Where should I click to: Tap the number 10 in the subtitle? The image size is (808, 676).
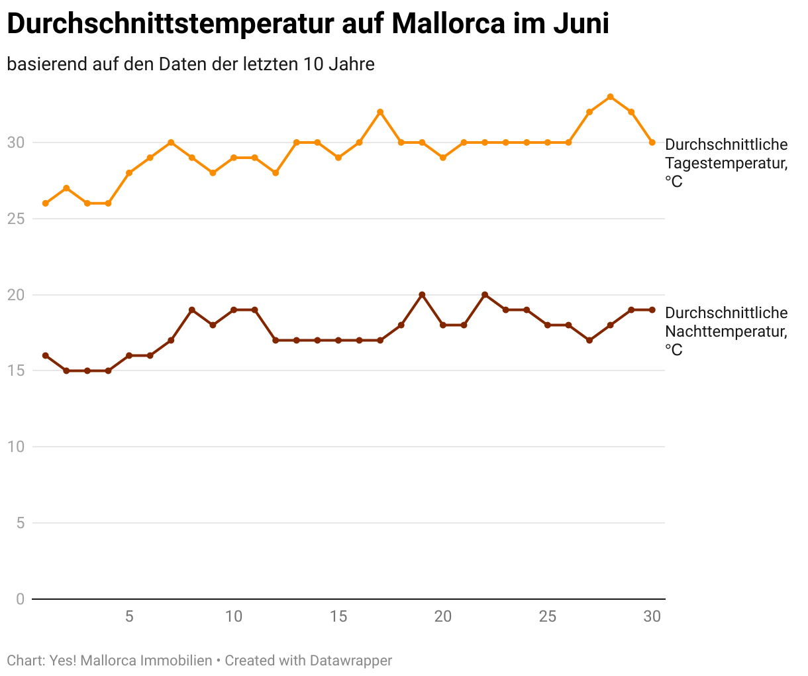pyautogui.click(x=312, y=64)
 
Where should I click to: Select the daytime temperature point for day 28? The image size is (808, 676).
pyautogui.click(x=611, y=97)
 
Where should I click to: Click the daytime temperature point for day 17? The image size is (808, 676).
pyautogui.click(x=380, y=112)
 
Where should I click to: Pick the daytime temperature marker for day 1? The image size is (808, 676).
pyautogui.click(x=46, y=203)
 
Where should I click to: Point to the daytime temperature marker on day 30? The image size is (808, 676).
pyautogui.click(x=652, y=142)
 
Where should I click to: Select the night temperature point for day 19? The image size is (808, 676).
pyautogui.click(x=422, y=295)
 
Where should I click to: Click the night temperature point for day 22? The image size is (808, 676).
pyautogui.click(x=485, y=295)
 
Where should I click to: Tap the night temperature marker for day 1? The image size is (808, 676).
pyautogui.click(x=46, y=356)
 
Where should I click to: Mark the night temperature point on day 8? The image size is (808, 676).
pyautogui.click(x=192, y=310)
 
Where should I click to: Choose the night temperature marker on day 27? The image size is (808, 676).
pyautogui.click(x=589, y=341)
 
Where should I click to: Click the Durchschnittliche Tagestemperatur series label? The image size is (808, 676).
pyautogui.click(x=726, y=162)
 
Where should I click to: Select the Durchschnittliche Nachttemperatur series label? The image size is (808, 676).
pyautogui.click(x=726, y=331)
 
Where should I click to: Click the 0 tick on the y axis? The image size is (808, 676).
pyautogui.click(x=20, y=599)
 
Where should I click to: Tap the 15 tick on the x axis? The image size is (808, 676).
pyautogui.click(x=338, y=617)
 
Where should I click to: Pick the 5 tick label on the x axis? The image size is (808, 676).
pyautogui.click(x=129, y=617)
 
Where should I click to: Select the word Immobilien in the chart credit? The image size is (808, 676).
pyautogui.click(x=176, y=661)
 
